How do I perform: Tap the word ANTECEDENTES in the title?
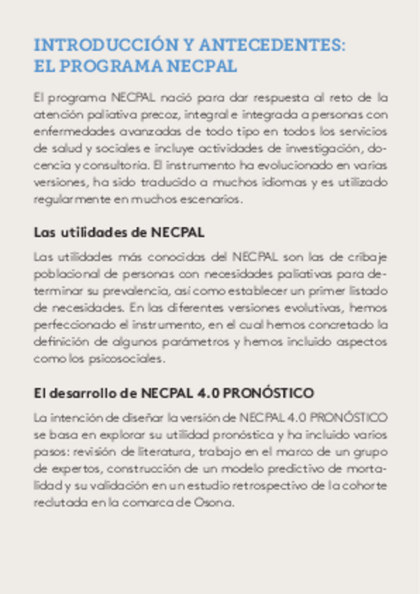coord(272,46)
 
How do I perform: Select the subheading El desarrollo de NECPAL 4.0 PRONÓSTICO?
coord(174,392)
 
